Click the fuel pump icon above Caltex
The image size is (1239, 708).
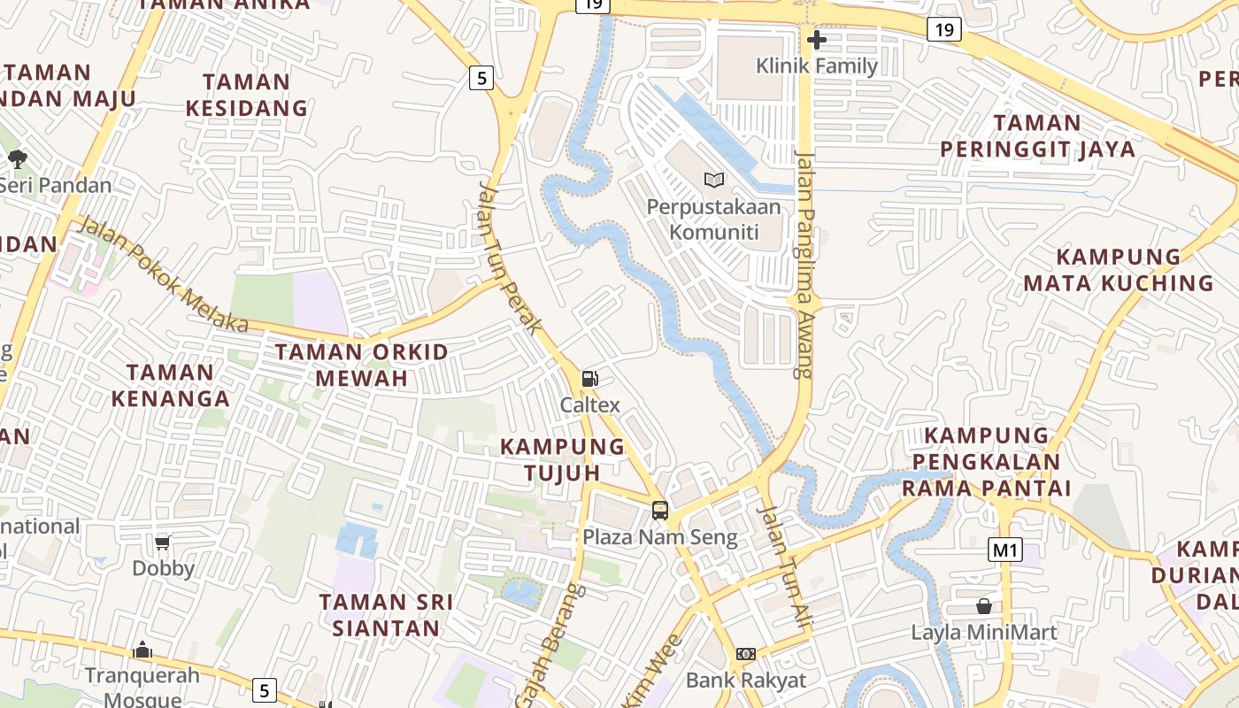(589, 379)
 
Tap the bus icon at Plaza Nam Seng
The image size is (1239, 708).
(660, 510)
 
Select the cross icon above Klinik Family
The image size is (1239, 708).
(817, 39)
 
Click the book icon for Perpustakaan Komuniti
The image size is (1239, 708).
(714, 180)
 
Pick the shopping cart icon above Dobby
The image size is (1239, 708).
(162, 542)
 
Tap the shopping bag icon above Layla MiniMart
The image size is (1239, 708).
(983, 606)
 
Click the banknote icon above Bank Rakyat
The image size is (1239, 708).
(746, 654)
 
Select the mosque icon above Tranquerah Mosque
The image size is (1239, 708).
(142, 650)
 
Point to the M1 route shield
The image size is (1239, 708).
(1005, 550)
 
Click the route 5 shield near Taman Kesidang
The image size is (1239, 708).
(481, 78)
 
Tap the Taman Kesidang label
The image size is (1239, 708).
(246, 96)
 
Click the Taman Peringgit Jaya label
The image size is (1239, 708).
(1037, 136)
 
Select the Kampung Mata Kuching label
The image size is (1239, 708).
(1119, 270)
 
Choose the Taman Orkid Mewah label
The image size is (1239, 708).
(361, 365)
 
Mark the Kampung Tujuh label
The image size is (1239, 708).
(563, 459)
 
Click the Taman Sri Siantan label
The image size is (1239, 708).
(386, 615)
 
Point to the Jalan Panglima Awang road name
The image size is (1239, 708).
(804, 265)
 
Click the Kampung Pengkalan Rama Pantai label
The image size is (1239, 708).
(987, 461)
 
